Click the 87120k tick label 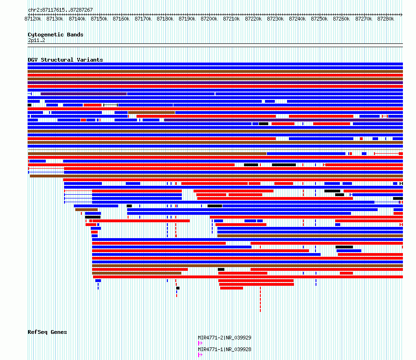33,19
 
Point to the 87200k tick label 209,19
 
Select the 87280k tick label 386,19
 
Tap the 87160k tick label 121,19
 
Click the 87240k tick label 297,19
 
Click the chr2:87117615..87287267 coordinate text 60,10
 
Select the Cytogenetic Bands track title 56,35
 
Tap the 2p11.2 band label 36,40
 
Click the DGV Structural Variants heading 65,60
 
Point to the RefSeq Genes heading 47,332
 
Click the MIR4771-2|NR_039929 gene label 224,338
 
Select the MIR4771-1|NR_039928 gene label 224,349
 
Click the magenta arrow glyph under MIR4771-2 200,343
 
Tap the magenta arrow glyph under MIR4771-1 200,355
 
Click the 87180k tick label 165,19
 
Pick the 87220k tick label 253,19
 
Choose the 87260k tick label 342,19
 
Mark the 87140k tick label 77,19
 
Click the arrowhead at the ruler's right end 402,14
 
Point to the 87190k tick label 187,19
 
